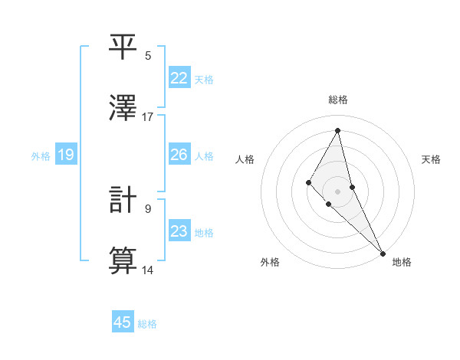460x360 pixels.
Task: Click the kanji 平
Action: pos(123,47)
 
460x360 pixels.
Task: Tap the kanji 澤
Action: pos(123,106)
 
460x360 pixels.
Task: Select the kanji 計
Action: pos(123,200)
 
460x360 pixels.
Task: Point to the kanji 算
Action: pos(123,260)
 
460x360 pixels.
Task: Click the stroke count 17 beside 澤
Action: pos(148,116)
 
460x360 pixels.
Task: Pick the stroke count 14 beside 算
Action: pos(148,270)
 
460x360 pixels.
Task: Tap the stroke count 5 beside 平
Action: pos(148,55)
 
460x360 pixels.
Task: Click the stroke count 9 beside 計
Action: pos(148,208)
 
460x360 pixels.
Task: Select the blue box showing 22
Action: pos(179,78)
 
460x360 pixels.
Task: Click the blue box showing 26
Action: pos(179,155)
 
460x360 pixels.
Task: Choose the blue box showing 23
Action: pos(179,231)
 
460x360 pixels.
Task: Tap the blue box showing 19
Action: pos(66,155)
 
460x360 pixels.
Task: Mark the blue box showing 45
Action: pos(123,322)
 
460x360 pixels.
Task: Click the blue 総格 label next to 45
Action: pos(147,324)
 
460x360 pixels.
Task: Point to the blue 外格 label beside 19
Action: pos(41,156)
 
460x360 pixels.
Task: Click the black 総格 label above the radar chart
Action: pos(337,100)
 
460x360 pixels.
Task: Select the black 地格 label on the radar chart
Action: pos(402,262)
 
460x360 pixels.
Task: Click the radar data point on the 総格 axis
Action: pos(337,130)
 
